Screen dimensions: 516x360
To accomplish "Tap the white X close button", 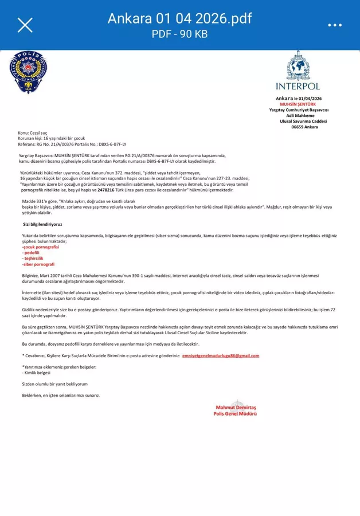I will (25, 25).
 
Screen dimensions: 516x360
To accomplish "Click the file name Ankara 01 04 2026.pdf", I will (179, 18).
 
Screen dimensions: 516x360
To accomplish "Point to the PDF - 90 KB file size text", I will (179, 34).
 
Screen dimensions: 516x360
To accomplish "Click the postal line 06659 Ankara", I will (304, 127).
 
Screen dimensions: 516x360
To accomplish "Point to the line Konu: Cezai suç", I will (34, 133).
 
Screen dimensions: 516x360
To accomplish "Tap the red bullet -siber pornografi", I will (38, 264).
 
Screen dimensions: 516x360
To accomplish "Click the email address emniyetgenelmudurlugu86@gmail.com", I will (221, 355).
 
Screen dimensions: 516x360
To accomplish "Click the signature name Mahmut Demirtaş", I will (236, 407).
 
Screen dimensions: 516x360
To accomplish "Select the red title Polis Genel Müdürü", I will (234, 413).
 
